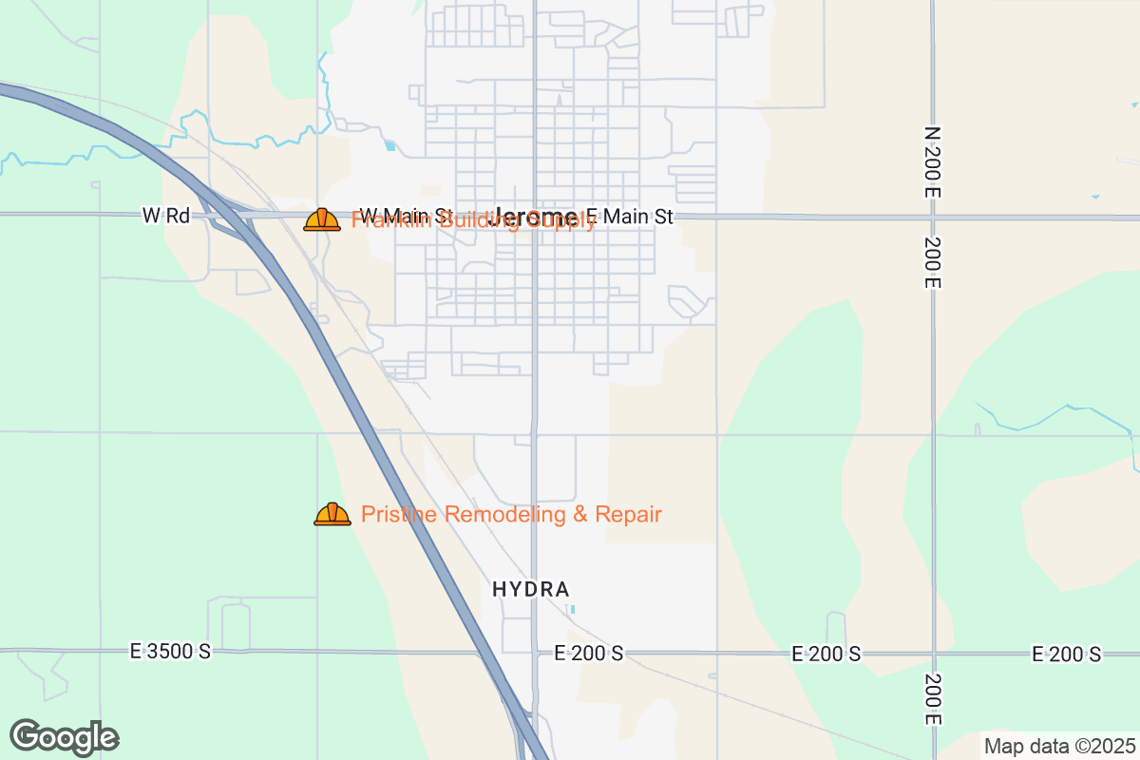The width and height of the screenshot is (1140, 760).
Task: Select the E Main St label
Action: coord(629,217)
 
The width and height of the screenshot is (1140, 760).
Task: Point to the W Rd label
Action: coord(166,216)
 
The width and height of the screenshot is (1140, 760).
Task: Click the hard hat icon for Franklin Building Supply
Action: coord(322,219)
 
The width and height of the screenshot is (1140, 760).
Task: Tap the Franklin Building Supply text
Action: coord(474,221)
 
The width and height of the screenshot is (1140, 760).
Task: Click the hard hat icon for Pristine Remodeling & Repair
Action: coord(332,514)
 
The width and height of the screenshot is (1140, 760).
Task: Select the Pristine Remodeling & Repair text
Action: coord(511,515)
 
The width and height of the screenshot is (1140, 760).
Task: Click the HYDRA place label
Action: coord(530,589)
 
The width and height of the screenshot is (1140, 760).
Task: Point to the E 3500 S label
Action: coord(171,652)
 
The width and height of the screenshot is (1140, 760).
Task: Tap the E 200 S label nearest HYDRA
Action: coord(589,654)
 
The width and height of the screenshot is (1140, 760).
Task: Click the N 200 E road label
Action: coord(932,161)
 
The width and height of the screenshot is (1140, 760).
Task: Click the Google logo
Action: coord(64,737)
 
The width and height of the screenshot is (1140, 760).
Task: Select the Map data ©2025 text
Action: coord(1059,746)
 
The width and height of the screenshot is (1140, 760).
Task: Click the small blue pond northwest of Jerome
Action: coord(389,145)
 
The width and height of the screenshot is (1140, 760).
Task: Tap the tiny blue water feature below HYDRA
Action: coord(571,608)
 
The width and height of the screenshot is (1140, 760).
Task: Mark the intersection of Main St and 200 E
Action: coord(933,218)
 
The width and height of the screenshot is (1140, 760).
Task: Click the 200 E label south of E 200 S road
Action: coord(933,699)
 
